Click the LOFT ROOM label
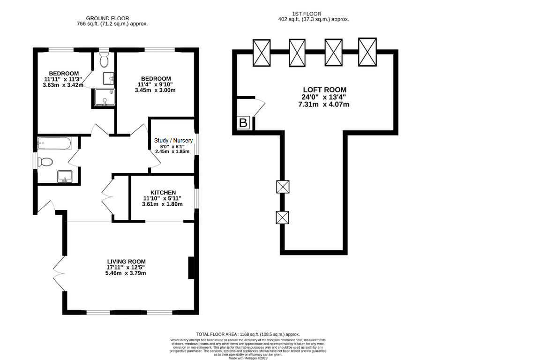pyautogui.click(x=324, y=90)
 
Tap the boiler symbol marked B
pyautogui.click(x=243, y=123)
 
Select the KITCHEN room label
pyautogui.click(x=163, y=193)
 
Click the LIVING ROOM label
pyautogui.click(x=126, y=262)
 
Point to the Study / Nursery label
pyautogui.click(x=173, y=141)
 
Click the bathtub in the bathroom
pyautogui.click(x=54, y=143)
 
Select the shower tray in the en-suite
pyautogui.click(x=103, y=97)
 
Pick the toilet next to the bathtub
pyautogui.click(x=45, y=162)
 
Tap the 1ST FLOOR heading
pyautogui.click(x=313, y=14)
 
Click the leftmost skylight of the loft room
pyautogui.click(x=262, y=52)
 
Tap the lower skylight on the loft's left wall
pyautogui.click(x=283, y=217)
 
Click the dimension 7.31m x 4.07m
pyautogui.click(x=324, y=105)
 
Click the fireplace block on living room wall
pyautogui.click(x=191, y=268)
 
